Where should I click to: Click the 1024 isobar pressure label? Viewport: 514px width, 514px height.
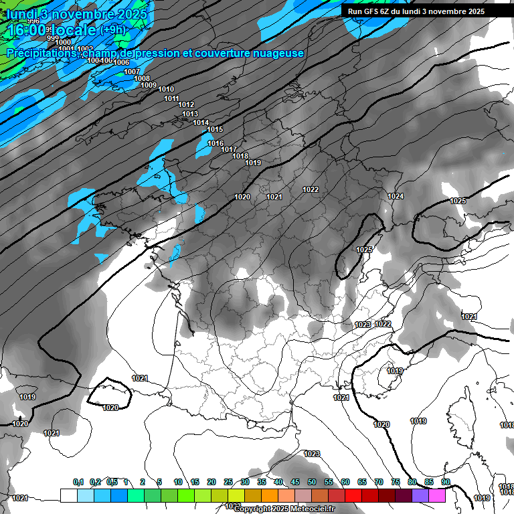(x=396, y=196)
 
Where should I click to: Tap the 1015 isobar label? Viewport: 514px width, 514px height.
(x=215, y=130)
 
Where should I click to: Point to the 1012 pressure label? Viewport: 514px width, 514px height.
(x=186, y=105)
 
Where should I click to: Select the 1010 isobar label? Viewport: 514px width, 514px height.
(x=166, y=90)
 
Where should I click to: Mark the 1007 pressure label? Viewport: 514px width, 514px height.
(x=132, y=72)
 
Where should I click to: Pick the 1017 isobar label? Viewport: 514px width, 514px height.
(x=229, y=149)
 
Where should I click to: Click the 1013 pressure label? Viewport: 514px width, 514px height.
(x=190, y=114)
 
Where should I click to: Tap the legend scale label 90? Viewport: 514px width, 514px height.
(x=445, y=482)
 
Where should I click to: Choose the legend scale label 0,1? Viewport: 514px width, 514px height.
(x=78, y=482)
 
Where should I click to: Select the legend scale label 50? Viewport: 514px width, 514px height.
(x=312, y=482)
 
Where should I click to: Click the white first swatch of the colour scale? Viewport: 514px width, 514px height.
(x=68, y=495)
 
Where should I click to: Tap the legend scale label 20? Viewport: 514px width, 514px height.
(x=211, y=482)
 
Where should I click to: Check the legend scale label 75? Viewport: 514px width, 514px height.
(x=396, y=482)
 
